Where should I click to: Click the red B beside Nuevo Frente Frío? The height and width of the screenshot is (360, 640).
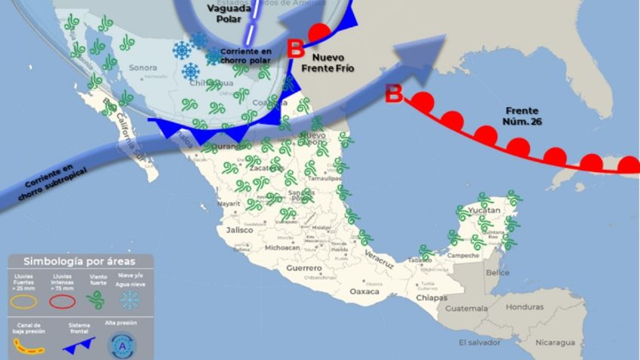[296, 50]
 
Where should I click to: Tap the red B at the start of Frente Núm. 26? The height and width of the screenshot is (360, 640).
[393, 94]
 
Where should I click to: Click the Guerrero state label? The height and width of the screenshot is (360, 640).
[304, 268]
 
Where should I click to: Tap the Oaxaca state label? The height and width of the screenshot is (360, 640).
[366, 291]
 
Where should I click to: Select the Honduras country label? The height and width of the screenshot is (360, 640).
[525, 307]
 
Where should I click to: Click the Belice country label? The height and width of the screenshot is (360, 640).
[498, 272]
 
